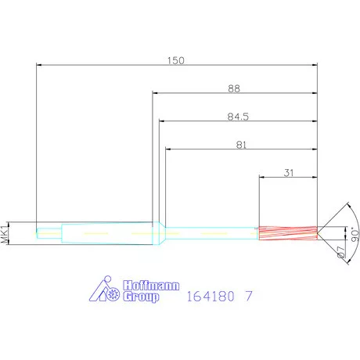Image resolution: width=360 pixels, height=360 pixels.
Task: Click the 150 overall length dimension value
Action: click(176, 60)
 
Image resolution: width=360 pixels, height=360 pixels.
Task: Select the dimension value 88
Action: click(234, 88)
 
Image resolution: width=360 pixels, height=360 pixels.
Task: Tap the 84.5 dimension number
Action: click(238, 117)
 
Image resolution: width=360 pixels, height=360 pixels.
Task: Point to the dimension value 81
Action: click(241, 145)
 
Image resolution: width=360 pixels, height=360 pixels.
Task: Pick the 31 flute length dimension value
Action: click(289, 173)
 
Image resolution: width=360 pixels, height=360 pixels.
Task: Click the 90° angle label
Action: click(355, 236)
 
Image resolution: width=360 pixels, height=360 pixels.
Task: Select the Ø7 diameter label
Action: click(341, 251)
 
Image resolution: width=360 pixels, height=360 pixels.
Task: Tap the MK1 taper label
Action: click(5, 233)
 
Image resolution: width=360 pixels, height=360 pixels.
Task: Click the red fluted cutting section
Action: click(288, 232)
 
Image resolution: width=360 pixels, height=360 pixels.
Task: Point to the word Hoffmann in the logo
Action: click(151, 286)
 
